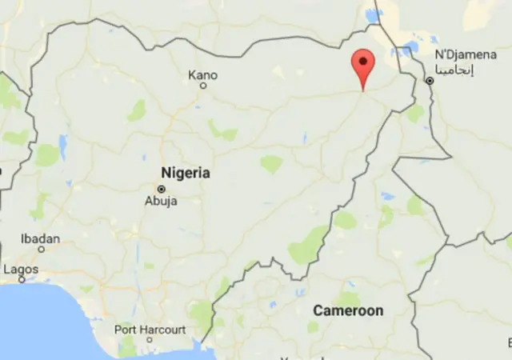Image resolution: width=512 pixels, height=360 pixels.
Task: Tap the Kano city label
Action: (x=202, y=75)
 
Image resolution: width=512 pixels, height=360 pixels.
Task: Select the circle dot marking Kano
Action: (x=203, y=85)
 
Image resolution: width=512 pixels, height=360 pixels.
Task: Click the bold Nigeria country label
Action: (x=186, y=173)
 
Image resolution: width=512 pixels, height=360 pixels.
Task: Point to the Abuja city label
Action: (x=161, y=201)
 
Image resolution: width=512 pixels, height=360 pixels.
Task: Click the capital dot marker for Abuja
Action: (x=162, y=189)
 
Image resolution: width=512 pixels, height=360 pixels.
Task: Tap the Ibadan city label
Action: (x=41, y=238)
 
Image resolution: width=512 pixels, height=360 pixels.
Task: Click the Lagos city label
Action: (x=21, y=270)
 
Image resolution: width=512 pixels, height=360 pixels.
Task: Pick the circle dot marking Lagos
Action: (x=22, y=280)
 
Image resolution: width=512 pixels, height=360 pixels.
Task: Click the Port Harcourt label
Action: (x=150, y=330)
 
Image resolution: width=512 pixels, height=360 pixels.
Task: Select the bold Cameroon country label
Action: (x=348, y=310)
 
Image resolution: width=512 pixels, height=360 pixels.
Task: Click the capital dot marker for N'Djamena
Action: (x=430, y=81)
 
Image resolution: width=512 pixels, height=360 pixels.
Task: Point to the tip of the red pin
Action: (x=363, y=90)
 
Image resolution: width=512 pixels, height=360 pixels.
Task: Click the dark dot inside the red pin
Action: (x=363, y=60)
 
